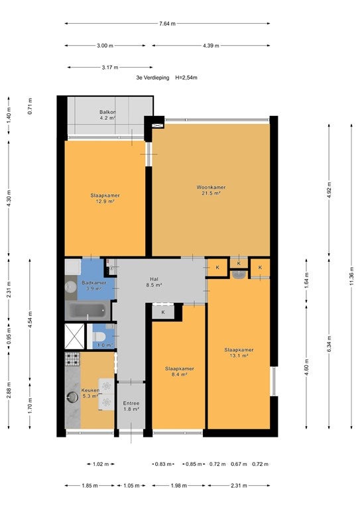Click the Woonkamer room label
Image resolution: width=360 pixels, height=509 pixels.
click(211, 190)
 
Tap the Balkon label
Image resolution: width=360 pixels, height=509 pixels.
click(108, 115)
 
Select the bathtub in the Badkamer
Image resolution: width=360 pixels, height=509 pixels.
click(88, 310)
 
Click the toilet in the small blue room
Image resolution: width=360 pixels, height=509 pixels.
click(98, 335)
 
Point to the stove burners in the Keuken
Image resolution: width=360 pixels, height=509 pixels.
click(72, 359)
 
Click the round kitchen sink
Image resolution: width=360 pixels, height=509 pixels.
click(72, 397)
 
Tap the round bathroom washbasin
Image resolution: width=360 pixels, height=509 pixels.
click(70, 286)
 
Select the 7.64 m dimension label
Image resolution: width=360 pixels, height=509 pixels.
click(167, 24)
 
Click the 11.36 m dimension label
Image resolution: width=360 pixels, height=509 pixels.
click(351, 276)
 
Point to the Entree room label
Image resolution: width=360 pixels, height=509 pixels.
click(131, 406)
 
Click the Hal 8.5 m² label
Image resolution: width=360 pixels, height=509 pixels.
click(154, 282)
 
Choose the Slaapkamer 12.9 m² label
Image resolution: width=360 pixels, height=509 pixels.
click(105, 198)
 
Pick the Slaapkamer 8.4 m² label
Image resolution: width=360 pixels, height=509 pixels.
click(180, 371)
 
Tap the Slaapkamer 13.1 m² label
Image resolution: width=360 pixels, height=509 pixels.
click(239, 353)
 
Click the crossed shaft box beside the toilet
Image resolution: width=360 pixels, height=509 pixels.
click(74, 336)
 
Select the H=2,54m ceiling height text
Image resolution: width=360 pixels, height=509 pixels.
click(186, 78)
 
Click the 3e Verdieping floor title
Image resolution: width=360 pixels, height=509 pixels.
click(152, 78)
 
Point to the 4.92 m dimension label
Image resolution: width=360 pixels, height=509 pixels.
click(329, 192)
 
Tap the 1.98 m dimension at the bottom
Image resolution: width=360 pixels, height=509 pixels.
click(178, 486)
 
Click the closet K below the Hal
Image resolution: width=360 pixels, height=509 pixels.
click(163, 312)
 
